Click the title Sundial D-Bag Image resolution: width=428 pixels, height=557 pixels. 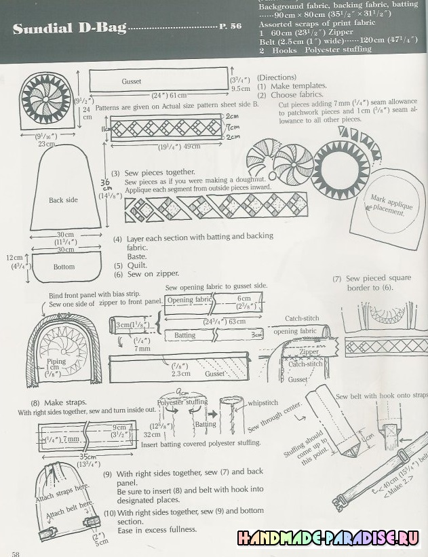pyautogui.click(x=70, y=28)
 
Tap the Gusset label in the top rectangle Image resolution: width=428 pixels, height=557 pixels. pyautogui.click(x=132, y=81)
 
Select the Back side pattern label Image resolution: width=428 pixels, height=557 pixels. pyautogui.click(x=64, y=200)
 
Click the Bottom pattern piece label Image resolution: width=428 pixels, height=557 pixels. pyautogui.click(x=64, y=267)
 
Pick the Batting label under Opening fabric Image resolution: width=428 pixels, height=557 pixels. pyautogui.click(x=184, y=335)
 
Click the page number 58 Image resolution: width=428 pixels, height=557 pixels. pyautogui.click(x=16, y=553)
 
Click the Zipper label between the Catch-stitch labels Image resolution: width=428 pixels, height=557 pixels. pyautogui.click(x=309, y=353)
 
